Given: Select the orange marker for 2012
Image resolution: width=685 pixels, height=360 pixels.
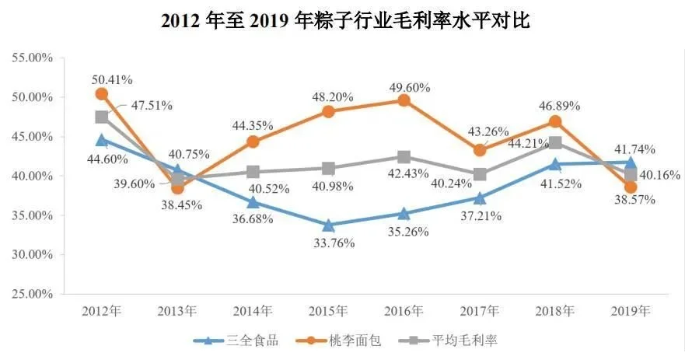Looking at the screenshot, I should (102, 94).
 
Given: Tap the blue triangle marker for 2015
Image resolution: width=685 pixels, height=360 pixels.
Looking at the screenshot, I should (328, 225).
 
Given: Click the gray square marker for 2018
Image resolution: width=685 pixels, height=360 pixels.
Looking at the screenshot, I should (555, 143).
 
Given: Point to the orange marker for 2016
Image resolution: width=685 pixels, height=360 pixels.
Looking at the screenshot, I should (404, 100).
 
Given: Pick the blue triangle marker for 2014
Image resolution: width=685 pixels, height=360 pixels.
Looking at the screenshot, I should (253, 201).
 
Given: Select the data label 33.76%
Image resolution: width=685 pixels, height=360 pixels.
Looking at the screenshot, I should (334, 243).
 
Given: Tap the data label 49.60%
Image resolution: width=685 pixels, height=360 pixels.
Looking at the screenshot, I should (410, 87).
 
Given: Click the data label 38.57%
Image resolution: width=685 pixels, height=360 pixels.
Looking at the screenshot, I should (634, 199).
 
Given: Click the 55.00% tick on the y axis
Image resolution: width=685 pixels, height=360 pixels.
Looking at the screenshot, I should (30, 58).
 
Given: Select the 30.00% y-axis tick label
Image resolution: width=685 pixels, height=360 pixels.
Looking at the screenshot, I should (30, 255).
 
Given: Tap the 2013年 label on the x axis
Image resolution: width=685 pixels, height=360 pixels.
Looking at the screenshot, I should (177, 311).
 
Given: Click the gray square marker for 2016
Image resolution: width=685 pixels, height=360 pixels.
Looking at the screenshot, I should (404, 157).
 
